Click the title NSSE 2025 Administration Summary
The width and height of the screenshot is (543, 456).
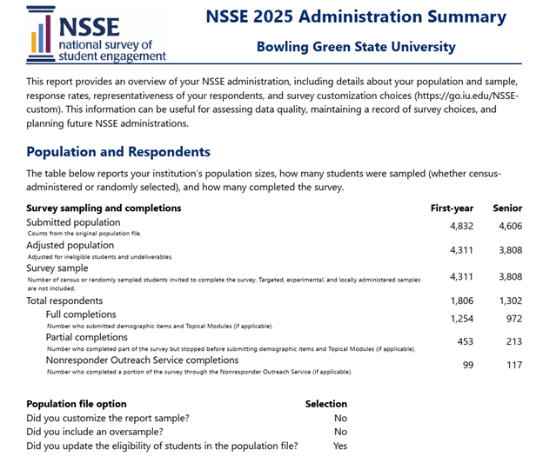click(x=355, y=17)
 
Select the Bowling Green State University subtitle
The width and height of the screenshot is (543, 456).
click(x=355, y=47)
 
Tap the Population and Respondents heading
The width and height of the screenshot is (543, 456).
click(x=118, y=152)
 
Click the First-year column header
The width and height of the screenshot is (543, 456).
click(x=452, y=208)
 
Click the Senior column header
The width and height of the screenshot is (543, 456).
click(x=507, y=208)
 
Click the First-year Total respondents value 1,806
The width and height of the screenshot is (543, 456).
click(x=460, y=301)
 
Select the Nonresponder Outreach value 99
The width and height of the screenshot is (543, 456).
click(x=467, y=365)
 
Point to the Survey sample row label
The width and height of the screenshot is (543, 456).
click(x=62, y=268)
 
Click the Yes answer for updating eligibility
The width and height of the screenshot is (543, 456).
click(x=339, y=446)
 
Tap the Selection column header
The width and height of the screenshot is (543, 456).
click(x=325, y=404)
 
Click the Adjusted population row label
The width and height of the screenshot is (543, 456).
click(x=70, y=246)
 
